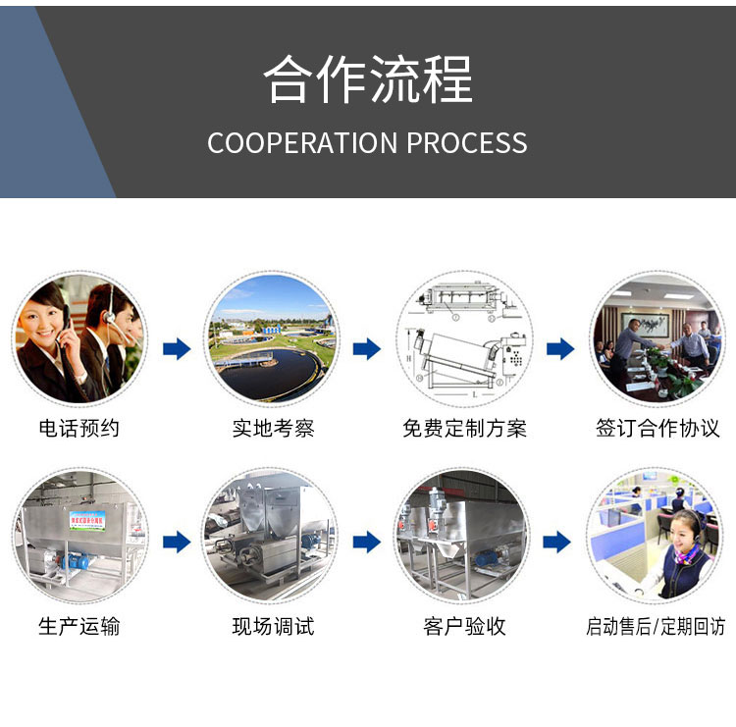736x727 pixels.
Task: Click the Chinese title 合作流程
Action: tap(368, 78)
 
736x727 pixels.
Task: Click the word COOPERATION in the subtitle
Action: tap(302, 142)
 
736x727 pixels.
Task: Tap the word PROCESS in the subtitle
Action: tap(466, 142)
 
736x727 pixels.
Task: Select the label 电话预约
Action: tap(79, 428)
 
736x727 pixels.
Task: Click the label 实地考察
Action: tap(273, 428)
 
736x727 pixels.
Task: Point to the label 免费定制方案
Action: tap(465, 428)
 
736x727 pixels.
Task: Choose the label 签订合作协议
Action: tap(657, 428)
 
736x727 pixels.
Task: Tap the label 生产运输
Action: tap(79, 626)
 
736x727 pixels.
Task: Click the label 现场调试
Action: tap(273, 626)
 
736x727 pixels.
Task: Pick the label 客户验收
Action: tap(465, 626)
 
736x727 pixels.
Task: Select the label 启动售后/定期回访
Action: tap(656, 626)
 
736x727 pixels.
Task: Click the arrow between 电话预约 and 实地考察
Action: tap(177, 348)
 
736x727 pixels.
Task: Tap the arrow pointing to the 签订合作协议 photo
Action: tap(560, 348)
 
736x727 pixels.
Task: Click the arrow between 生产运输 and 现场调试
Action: tap(177, 543)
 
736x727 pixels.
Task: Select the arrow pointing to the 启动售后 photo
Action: tap(556, 543)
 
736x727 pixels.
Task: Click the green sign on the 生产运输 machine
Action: tap(87, 521)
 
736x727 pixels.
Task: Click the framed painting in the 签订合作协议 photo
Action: tap(645, 325)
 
